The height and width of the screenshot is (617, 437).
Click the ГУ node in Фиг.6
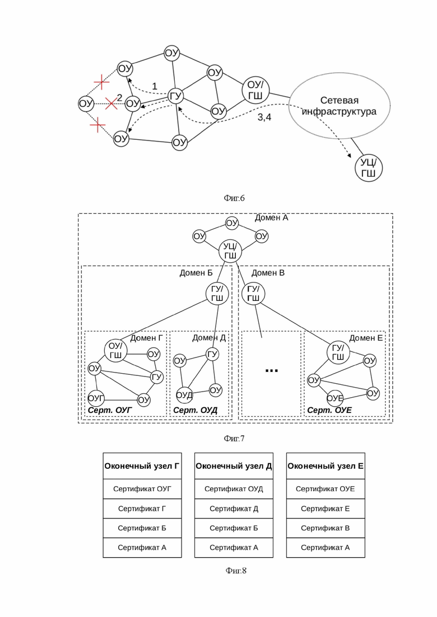click(x=176, y=97)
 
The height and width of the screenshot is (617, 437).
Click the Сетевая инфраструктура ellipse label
click(x=339, y=106)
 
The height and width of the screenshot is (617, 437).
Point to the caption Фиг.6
click(x=234, y=197)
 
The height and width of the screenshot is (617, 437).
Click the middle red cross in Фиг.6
click(x=111, y=102)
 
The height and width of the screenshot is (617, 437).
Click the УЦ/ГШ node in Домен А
click(x=230, y=251)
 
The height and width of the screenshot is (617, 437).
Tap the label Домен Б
click(x=196, y=273)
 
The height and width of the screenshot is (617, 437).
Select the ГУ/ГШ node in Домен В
click(x=253, y=294)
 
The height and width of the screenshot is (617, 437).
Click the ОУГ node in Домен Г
click(x=96, y=399)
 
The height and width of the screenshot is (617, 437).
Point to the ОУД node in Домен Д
click(x=184, y=395)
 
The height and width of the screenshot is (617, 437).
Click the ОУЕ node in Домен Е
click(x=334, y=398)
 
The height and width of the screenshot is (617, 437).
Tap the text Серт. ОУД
click(x=194, y=411)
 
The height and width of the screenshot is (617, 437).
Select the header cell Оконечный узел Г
click(x=142, y=466)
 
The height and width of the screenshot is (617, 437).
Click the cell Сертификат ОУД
click(x=234, y=489)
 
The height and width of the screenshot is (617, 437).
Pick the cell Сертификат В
click(x=325, y=527)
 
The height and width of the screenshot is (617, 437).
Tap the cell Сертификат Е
click(x=325, y=508)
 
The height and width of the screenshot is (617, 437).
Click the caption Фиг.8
click(x=235, y=571)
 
